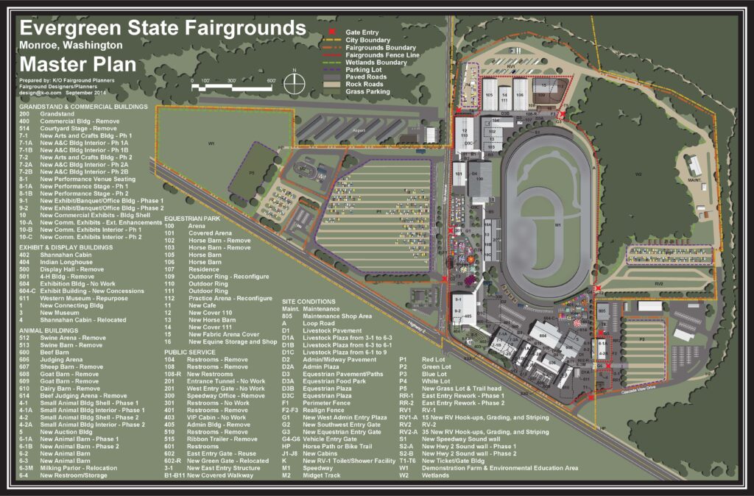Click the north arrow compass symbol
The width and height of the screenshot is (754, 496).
(295, 81)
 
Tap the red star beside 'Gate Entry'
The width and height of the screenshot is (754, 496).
(331, 33)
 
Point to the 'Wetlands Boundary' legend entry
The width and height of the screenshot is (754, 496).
(376, 63)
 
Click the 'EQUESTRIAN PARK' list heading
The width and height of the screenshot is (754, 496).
(194, 219)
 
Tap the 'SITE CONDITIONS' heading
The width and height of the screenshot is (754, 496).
(309, 302)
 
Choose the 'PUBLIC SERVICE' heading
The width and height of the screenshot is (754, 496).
(191, 352)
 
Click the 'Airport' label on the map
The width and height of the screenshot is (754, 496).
(359, 130)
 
